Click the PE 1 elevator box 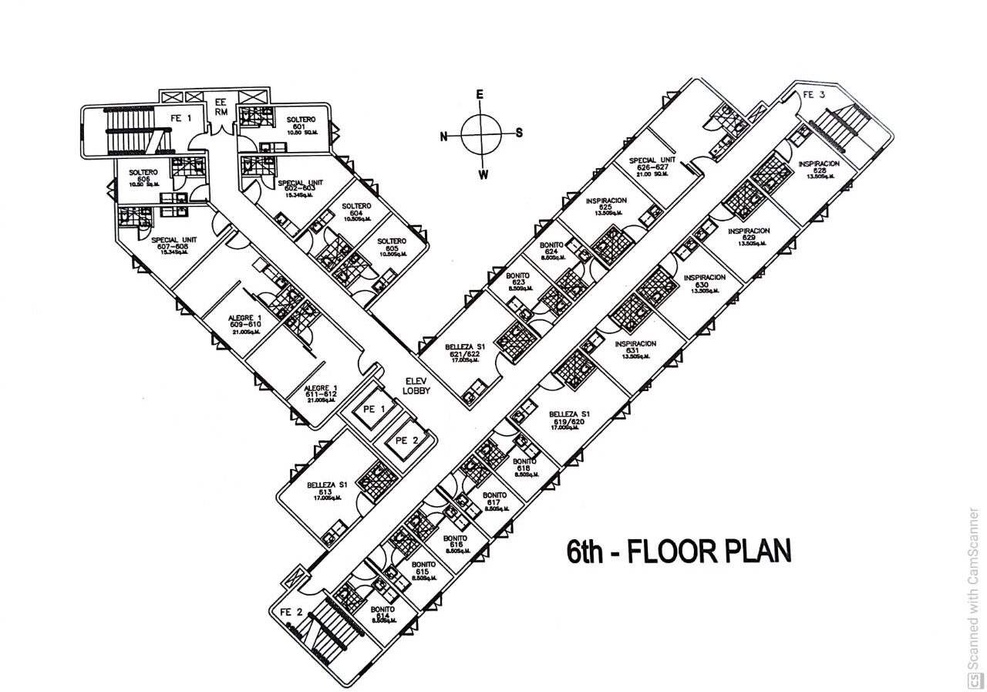372,409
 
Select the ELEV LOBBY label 416,386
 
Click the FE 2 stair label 291,613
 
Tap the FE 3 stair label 814,94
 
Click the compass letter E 480,93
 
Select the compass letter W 483,174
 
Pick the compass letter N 443,137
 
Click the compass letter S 519,132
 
